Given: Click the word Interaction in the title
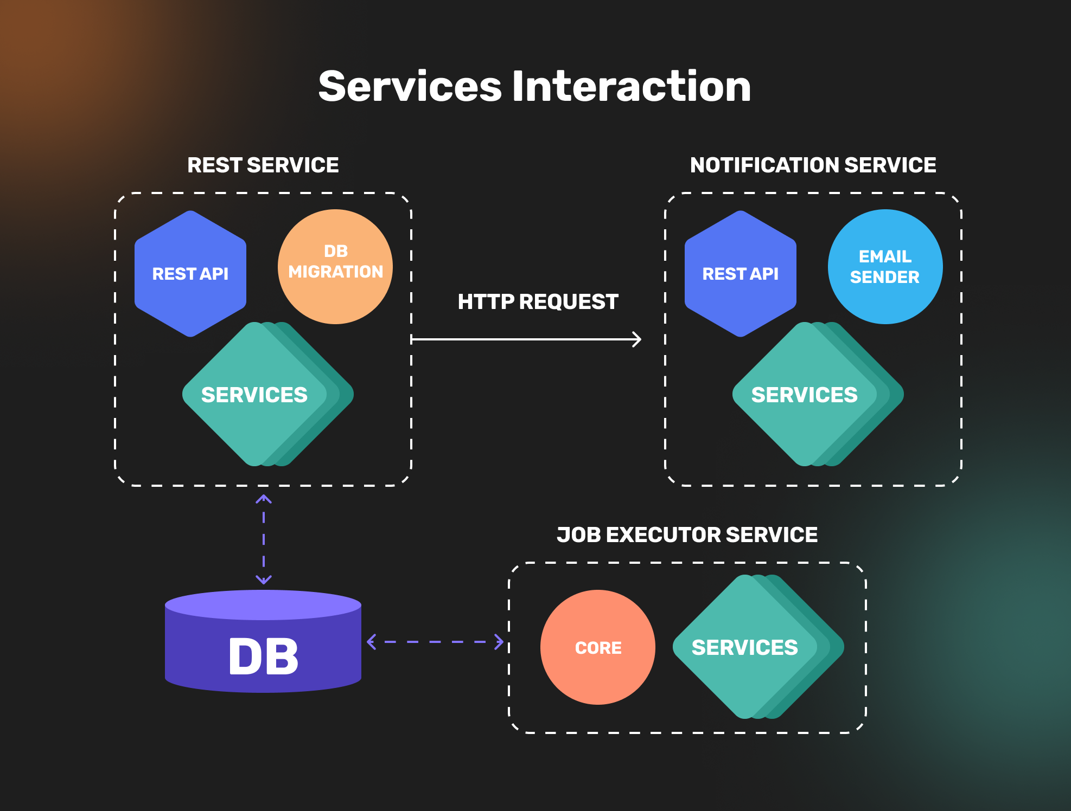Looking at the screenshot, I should click(632, 86).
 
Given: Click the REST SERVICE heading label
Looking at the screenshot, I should click(263, 165).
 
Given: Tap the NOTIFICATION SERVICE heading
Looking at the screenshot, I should click(813, 165).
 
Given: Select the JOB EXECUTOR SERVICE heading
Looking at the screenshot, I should click(687, 535).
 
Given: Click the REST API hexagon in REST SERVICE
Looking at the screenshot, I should click(190, 274).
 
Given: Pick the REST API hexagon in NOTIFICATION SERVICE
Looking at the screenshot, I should click(741, 274).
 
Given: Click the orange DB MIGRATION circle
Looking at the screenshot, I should click(335, 267).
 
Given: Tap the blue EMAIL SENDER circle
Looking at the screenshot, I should click(885, 267).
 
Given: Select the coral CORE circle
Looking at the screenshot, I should click(598, 647).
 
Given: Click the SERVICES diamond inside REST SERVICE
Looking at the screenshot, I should click(255, 395).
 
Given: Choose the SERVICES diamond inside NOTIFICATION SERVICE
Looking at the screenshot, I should click(805, 395).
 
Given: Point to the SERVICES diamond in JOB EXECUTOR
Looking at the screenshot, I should click(745, 647).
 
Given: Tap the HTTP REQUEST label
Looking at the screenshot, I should click(538, 301).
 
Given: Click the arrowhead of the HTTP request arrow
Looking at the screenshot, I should click(637, 340).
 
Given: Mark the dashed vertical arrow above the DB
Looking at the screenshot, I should click(264, 539).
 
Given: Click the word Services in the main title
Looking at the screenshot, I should click(410, 86).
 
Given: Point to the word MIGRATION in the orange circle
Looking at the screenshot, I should click(335, 272).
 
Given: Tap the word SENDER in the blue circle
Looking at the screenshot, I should click(885, 277).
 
